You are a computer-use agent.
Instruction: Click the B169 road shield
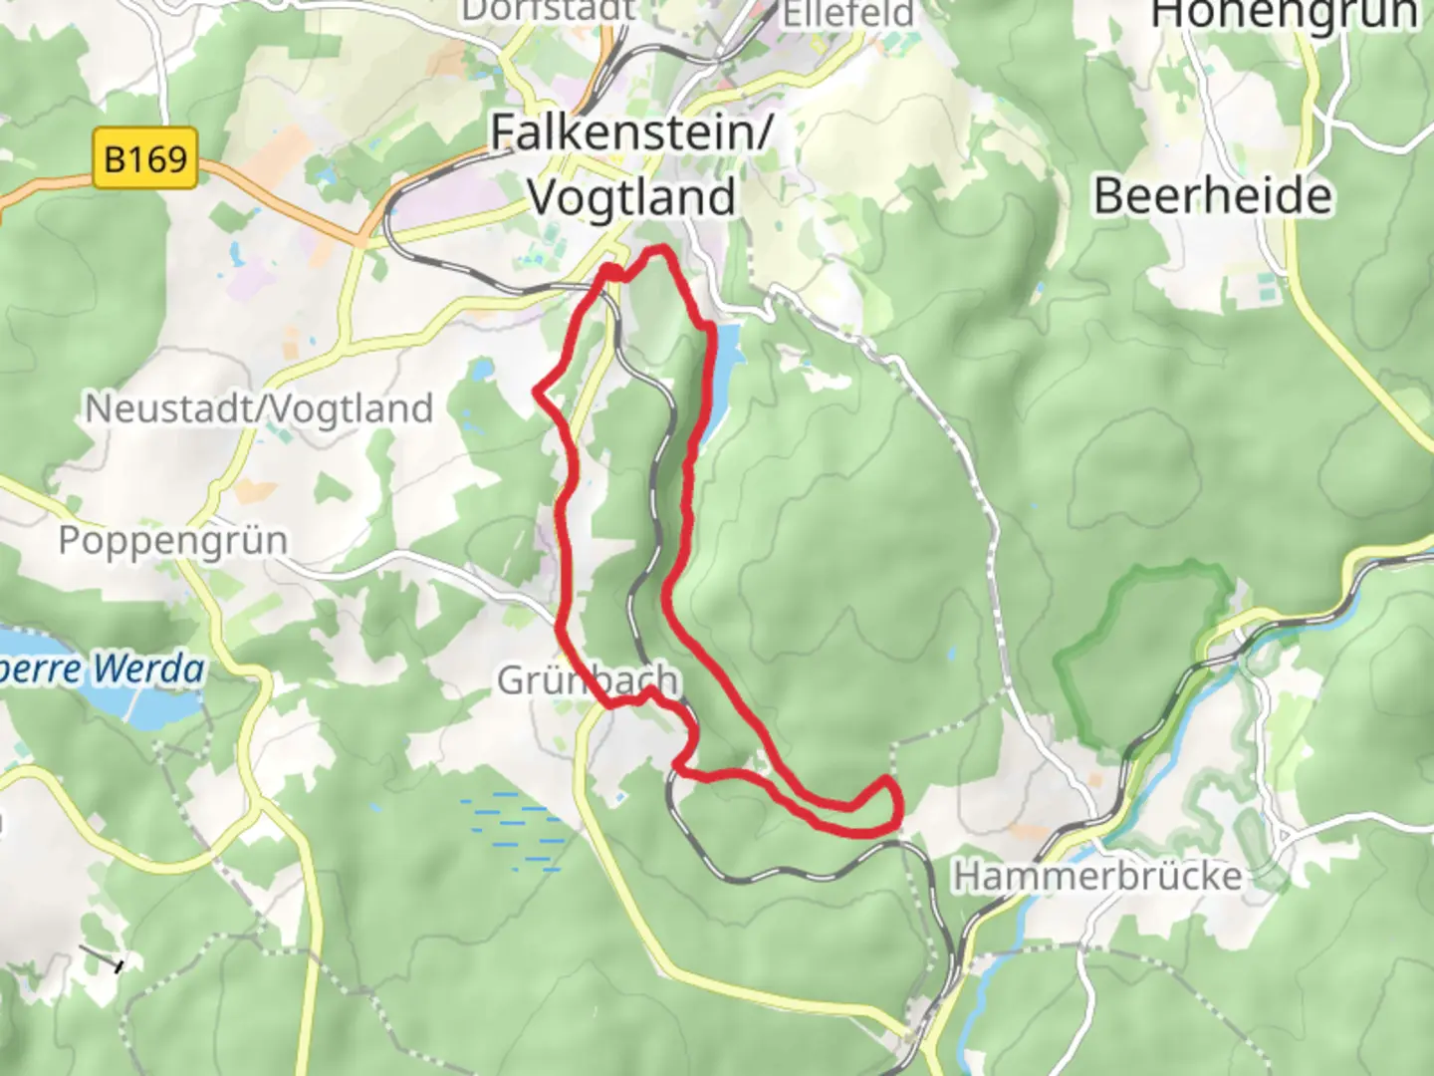145,158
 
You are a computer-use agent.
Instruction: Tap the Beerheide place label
1212,195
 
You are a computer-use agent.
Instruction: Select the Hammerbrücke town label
1097,877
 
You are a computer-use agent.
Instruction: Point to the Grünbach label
588,680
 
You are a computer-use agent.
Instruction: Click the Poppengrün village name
172,540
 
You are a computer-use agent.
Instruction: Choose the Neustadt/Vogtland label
259,408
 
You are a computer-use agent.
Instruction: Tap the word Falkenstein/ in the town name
631,133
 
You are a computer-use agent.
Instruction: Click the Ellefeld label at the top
846,14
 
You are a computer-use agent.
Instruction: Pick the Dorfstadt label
548,10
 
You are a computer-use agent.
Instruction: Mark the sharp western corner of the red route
539,392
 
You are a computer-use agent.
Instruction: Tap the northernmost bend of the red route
657,249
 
